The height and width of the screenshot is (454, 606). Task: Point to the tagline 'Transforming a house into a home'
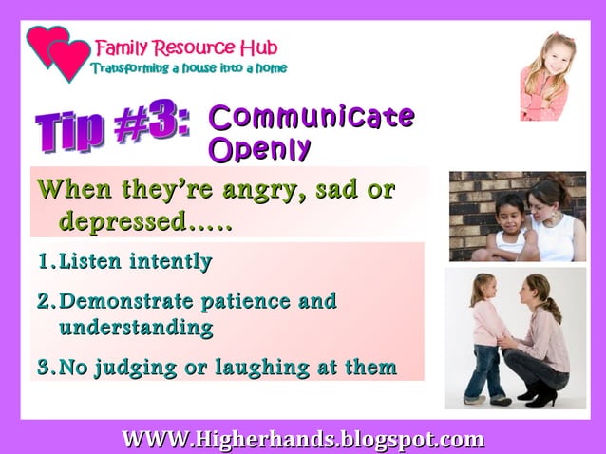(x=188, y=68)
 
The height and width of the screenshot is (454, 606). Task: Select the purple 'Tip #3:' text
(x=112, y=128)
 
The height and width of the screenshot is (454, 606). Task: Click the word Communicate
(x=311, y=117)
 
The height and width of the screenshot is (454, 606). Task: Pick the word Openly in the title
(x=259, y=149)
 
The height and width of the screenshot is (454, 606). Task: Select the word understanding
(x=136, y=328)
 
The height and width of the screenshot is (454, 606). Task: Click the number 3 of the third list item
(x=44, y=367)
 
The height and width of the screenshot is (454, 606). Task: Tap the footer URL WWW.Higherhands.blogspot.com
(x=302, y=440)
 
